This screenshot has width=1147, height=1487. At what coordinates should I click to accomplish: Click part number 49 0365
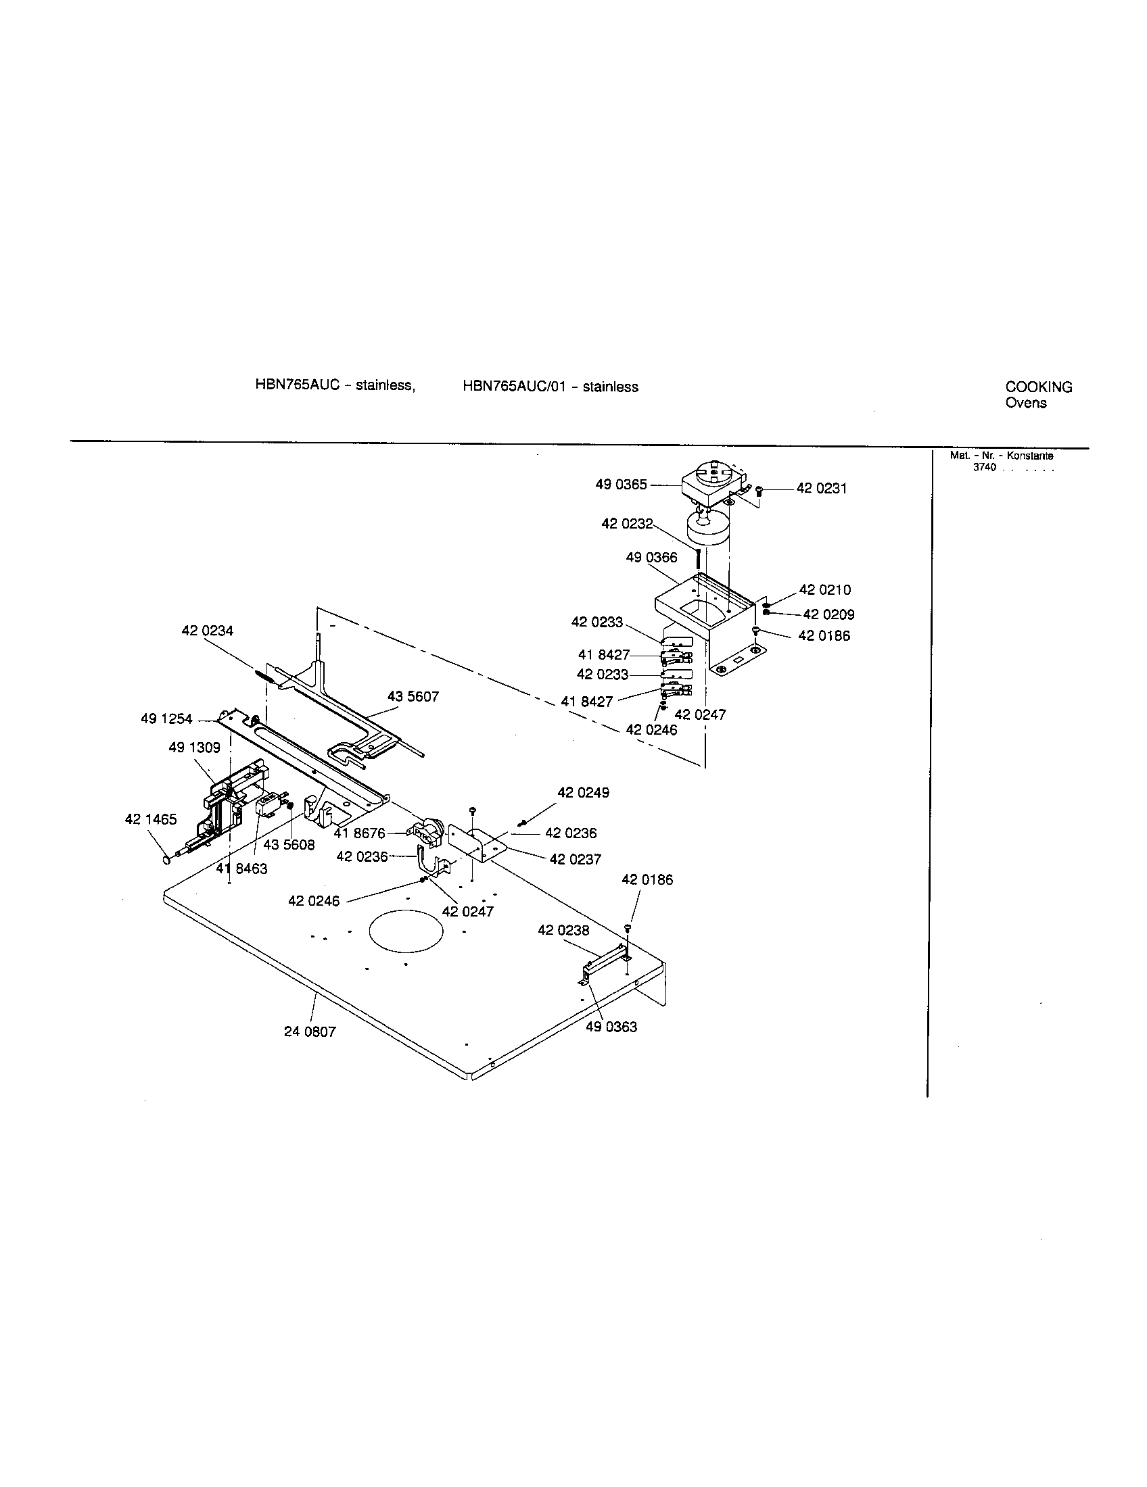621,485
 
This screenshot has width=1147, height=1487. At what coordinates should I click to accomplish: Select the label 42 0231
822,489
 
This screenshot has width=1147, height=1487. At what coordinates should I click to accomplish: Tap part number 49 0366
652,558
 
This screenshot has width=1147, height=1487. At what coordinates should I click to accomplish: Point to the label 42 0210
825,589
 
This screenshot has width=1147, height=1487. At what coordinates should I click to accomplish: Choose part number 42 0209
829,614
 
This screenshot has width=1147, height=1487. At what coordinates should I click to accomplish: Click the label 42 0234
207,631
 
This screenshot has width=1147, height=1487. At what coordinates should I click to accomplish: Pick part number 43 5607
413,696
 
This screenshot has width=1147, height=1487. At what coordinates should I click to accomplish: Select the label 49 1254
166,719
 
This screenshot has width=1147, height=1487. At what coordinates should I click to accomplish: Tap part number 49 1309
194,748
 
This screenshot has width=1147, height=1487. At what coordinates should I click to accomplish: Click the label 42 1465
151,819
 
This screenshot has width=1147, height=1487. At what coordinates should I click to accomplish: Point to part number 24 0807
310,1031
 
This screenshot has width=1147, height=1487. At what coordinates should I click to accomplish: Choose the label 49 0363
611,1027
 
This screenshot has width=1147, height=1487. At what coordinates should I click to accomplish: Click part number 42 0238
563,930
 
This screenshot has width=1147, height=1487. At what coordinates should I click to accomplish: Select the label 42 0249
583,793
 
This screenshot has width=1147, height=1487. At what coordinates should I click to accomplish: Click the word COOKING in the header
1039,387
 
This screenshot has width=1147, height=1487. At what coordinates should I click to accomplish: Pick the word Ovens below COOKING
1026,403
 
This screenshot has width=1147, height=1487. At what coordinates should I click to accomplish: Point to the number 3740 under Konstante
984,468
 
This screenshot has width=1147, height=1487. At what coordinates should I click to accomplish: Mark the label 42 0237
576,860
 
